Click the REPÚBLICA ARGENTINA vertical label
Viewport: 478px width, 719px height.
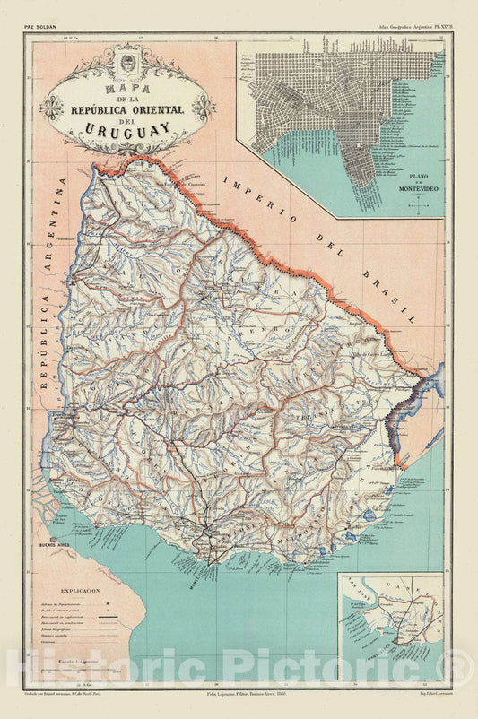coord(49,287)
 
